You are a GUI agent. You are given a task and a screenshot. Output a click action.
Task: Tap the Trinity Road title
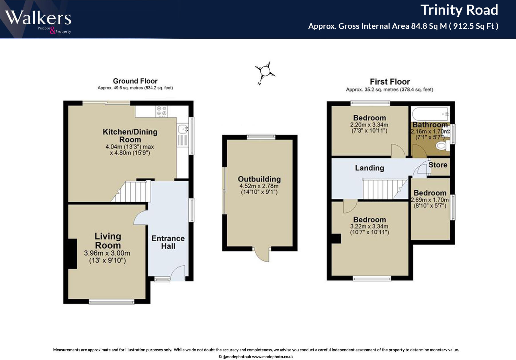coord(459,10)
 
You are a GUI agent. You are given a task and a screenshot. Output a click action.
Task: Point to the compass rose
coord(265,71)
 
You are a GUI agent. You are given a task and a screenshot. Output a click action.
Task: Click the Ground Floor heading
coord(135,81)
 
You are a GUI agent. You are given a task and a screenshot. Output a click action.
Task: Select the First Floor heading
coord(390,82)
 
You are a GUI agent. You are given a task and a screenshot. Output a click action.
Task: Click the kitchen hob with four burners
coord(162,111)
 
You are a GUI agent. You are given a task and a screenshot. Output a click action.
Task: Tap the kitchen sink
coord(183,129)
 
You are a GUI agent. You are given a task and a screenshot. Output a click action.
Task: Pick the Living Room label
coord(108,241)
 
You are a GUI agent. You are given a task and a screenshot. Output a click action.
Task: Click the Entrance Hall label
coord(168,242)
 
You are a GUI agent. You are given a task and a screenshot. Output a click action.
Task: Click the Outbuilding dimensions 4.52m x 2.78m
coord(259,186)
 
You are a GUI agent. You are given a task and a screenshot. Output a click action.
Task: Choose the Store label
coord(438,165)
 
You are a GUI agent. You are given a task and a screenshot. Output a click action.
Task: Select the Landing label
coord(370,168)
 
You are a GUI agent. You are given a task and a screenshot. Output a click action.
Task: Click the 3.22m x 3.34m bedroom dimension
coord(369,226)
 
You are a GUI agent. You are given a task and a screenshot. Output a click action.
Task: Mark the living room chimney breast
coord(73,254)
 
